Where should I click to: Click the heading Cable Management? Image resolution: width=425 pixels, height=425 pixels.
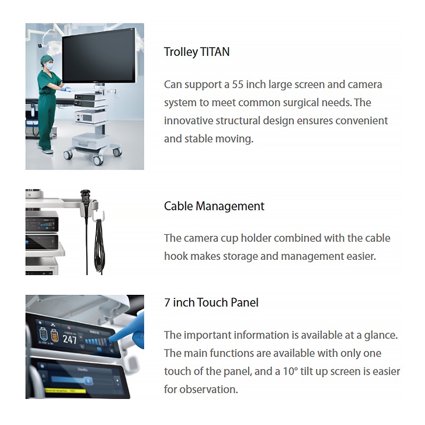[214, 206]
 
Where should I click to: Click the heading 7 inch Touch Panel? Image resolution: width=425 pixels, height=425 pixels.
[211, 303]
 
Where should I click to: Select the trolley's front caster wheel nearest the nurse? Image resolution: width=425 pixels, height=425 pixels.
[68, 155]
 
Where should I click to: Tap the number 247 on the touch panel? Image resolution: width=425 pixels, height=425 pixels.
[70, 339]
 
